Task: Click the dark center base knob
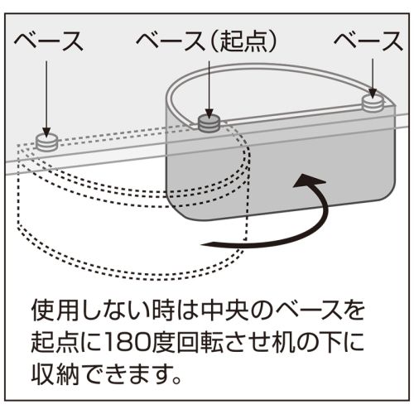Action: click(x=209, y=123)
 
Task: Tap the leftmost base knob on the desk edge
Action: click(x=47, y=142)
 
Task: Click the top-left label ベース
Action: click(x=49, y=41)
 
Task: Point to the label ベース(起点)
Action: click(x=206, y=41)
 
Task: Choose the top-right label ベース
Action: click(x=368, y=41)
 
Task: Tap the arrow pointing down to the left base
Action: click(x=46, y=98)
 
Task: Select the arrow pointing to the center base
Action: click(x=209, y=89)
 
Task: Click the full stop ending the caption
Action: click(x=176, y=379)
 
